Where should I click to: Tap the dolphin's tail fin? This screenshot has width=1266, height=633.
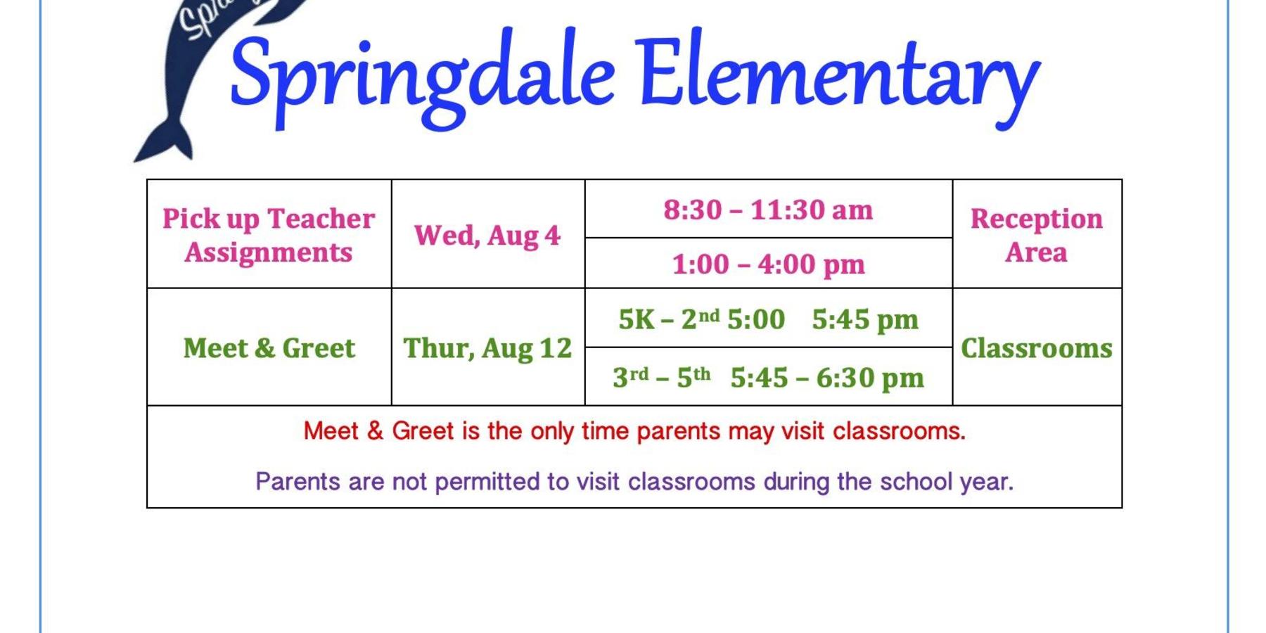[x=163, y=141]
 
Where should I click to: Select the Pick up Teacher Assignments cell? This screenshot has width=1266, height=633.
[x=269, y=235]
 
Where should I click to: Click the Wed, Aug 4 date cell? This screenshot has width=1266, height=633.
[x=487, y=236]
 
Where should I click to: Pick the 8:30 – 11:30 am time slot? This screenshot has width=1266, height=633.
[x=768, y=210]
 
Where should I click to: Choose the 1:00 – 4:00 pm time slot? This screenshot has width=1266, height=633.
[x=768, y=264]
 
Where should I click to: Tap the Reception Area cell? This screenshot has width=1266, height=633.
[x=1036, y=235]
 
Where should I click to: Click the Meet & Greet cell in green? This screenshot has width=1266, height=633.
[x=269, y=348]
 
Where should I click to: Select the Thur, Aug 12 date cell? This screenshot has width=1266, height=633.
[x=487, y=348]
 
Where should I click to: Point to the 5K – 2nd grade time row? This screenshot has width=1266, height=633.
[x=768, y=319]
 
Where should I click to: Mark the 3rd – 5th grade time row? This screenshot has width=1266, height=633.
[x=768, y=378]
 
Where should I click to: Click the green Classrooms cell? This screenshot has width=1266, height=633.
[x=1036, y=348]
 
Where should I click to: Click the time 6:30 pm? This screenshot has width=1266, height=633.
[x=870, y=378]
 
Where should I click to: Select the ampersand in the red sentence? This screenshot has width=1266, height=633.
[x=375, y=431]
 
